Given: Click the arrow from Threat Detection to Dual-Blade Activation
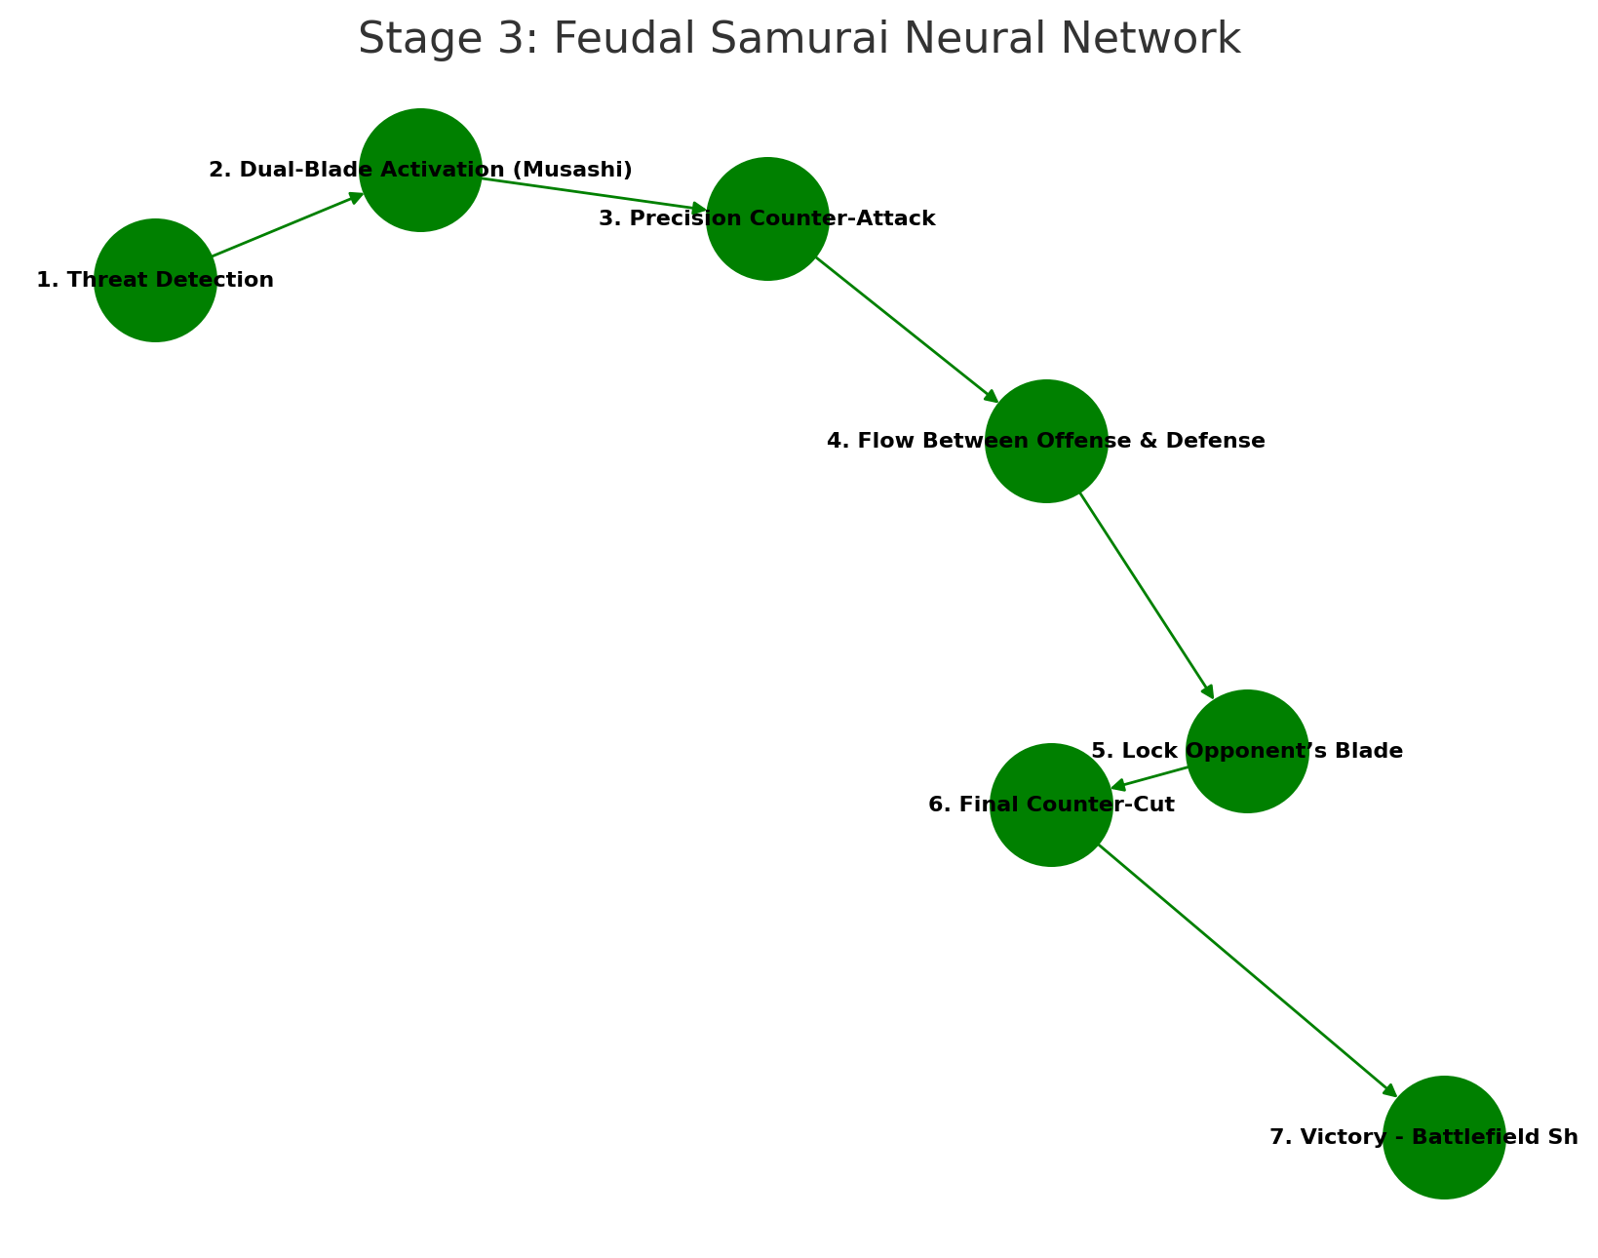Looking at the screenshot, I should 288,225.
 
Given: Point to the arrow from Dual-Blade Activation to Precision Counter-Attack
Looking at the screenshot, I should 595,195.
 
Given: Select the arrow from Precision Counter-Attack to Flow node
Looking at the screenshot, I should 907,330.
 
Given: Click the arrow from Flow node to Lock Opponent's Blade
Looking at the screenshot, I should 1147,596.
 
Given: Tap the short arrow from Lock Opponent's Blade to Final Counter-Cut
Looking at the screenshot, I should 1150,777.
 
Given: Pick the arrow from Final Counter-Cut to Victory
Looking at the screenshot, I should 1248,970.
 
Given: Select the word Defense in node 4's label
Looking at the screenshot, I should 1224,441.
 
